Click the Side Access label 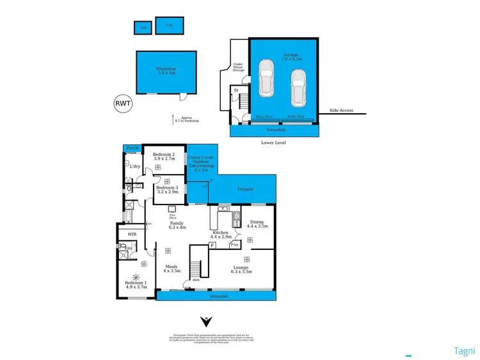(341, 111)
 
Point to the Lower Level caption (274, 142)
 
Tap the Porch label (132, 149)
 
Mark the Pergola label (246, 189)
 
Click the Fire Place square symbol (172, 208)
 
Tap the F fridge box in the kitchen (212, 246)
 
